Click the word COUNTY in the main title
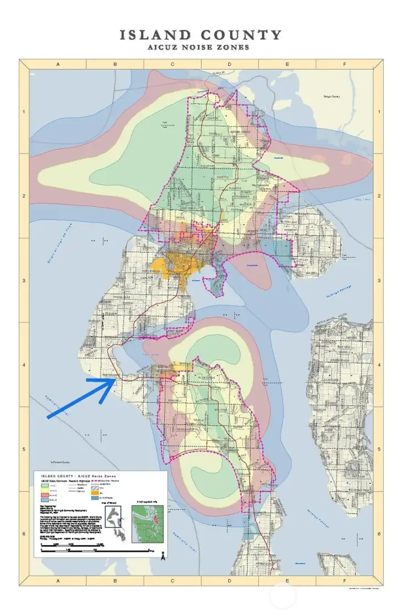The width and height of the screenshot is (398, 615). coord(244,35)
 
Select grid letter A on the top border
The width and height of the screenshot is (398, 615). coord(58,64)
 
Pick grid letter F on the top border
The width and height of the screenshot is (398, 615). coord(344,64)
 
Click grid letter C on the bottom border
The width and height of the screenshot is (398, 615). coord(172,581)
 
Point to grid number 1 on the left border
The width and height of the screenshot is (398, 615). coord(24,112)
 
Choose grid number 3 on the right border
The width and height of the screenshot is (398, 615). coord(378,281)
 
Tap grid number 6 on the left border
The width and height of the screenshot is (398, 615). coord(24,534)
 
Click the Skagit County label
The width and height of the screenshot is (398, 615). coord(332,97)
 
